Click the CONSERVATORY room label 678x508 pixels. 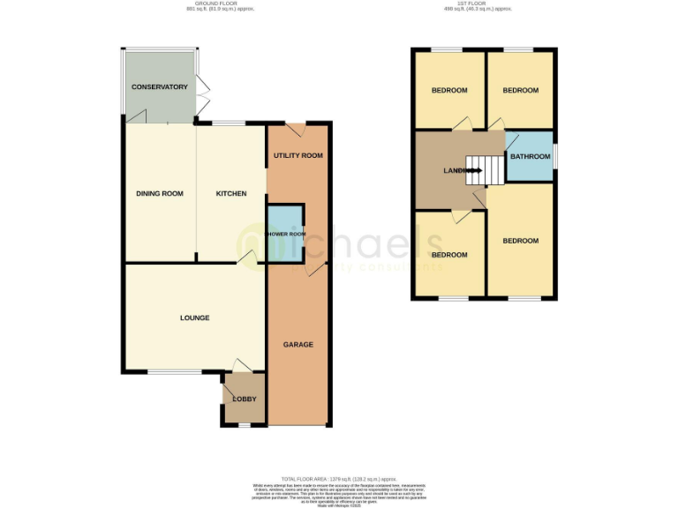tap(160, 87)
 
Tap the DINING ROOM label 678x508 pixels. tap(159, 193)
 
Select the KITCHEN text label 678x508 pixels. tap(230, 193)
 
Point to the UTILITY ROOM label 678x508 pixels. tap(298, 155)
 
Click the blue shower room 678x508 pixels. tap(286, 233)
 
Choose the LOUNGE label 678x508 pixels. tap(194, 317)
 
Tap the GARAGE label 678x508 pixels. tap(298, 344)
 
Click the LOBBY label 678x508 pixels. tap(244, 400)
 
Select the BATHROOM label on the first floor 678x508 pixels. tap(530, 156)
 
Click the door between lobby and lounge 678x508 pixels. tap(239, 365)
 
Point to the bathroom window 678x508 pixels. tap(556, 155)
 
